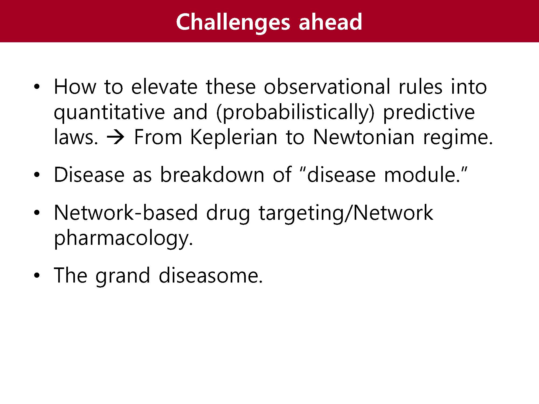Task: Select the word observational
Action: tap(327, 87)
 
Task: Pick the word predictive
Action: tap(429, 112)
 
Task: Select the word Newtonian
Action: tap(364, 137)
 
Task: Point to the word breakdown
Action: tap(212, 175)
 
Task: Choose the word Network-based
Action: tap(126, 213)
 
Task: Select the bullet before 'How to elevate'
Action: tap(37, 87)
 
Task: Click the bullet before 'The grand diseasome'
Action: tap(37, 276)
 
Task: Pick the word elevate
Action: tap(164, 87)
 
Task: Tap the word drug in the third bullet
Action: tap(228, 214)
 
